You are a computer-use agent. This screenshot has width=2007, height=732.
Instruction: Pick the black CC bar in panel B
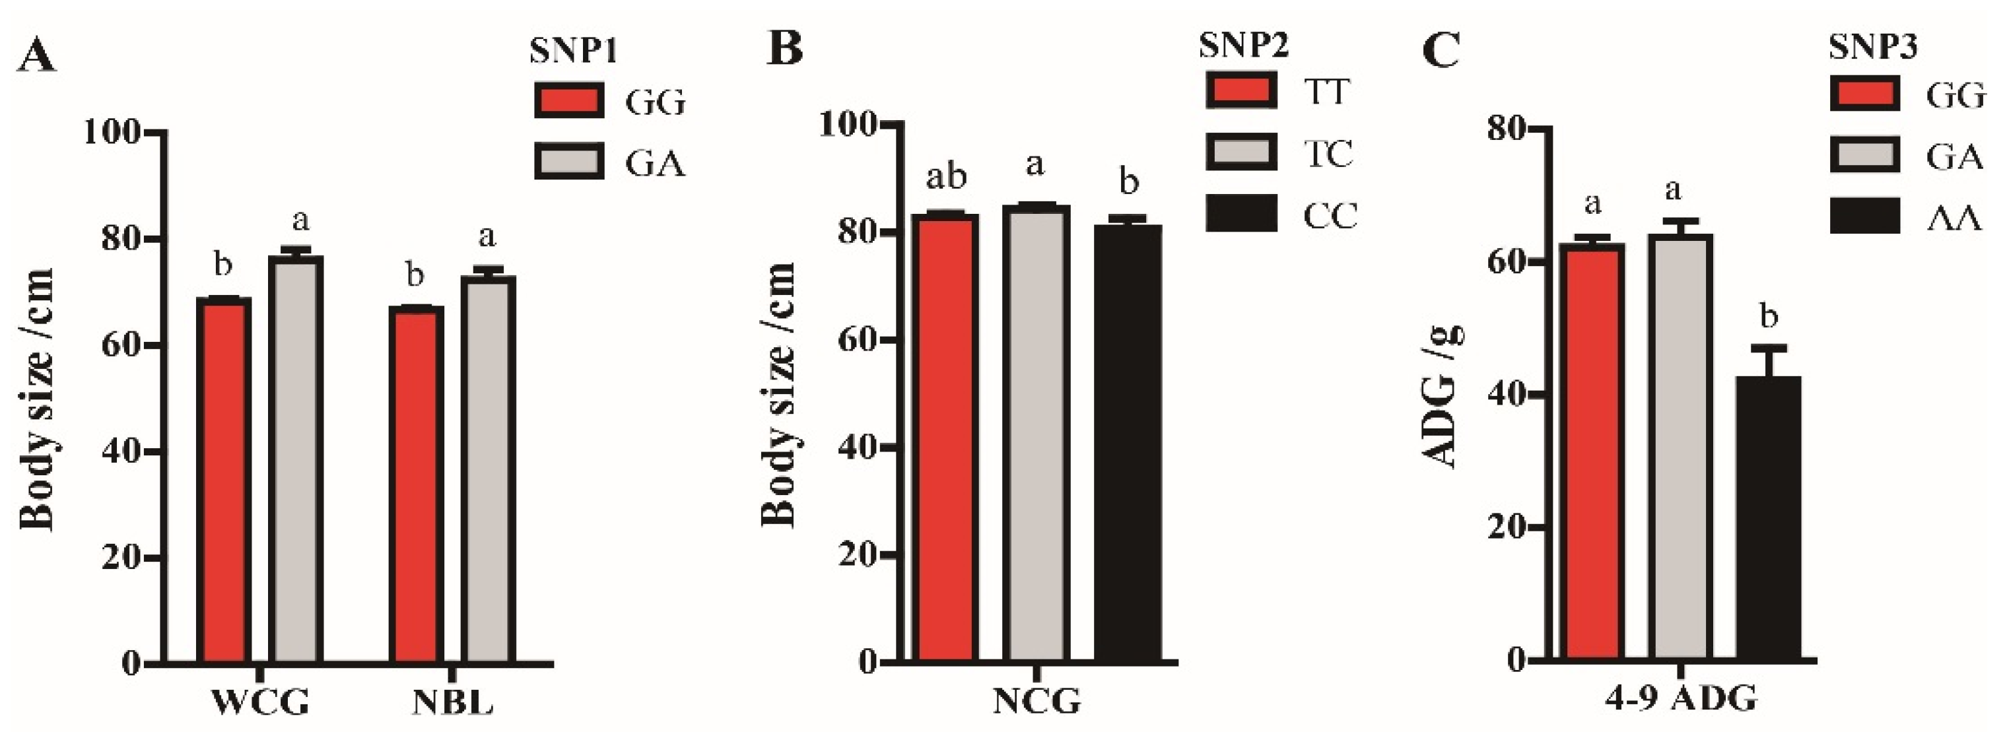tap(1128, 444)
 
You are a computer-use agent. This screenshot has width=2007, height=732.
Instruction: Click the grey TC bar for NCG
tap(1035, 434)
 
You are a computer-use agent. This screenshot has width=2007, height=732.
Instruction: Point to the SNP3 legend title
tap(1872, 48)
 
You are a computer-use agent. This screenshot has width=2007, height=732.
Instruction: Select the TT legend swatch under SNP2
tap(1241, 90)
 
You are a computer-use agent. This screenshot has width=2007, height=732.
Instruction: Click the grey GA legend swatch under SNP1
tap(568, 162)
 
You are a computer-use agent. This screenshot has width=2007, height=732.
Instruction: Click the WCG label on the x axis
tap(260, 703)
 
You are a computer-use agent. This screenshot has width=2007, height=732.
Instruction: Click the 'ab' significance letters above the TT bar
tap(946, 178)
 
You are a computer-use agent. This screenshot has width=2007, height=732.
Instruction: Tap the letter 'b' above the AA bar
tap(1769, 317)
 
